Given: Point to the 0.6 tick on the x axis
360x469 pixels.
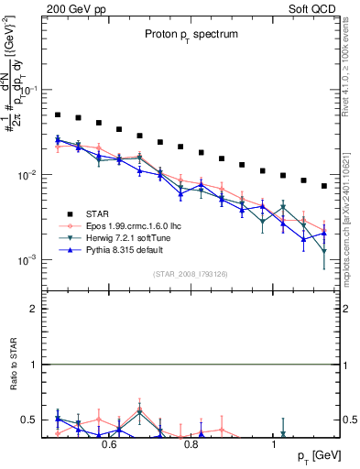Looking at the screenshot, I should tap(109, 444).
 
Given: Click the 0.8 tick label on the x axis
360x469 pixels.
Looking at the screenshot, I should tap(191, 444).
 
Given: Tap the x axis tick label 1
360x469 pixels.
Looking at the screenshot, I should tap(275, 444).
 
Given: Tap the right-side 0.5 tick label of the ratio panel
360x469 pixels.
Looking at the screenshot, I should tap(348, 420).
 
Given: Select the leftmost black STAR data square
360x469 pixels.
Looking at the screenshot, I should tap(57, 115).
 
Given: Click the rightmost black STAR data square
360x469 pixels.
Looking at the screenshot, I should tap(324, 186).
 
